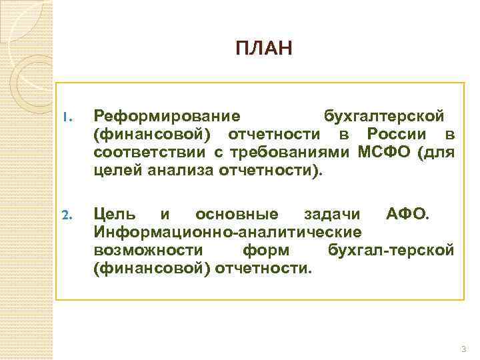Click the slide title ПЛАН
(263, 49)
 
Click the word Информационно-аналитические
(229, 232)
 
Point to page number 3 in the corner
(463, 350)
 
